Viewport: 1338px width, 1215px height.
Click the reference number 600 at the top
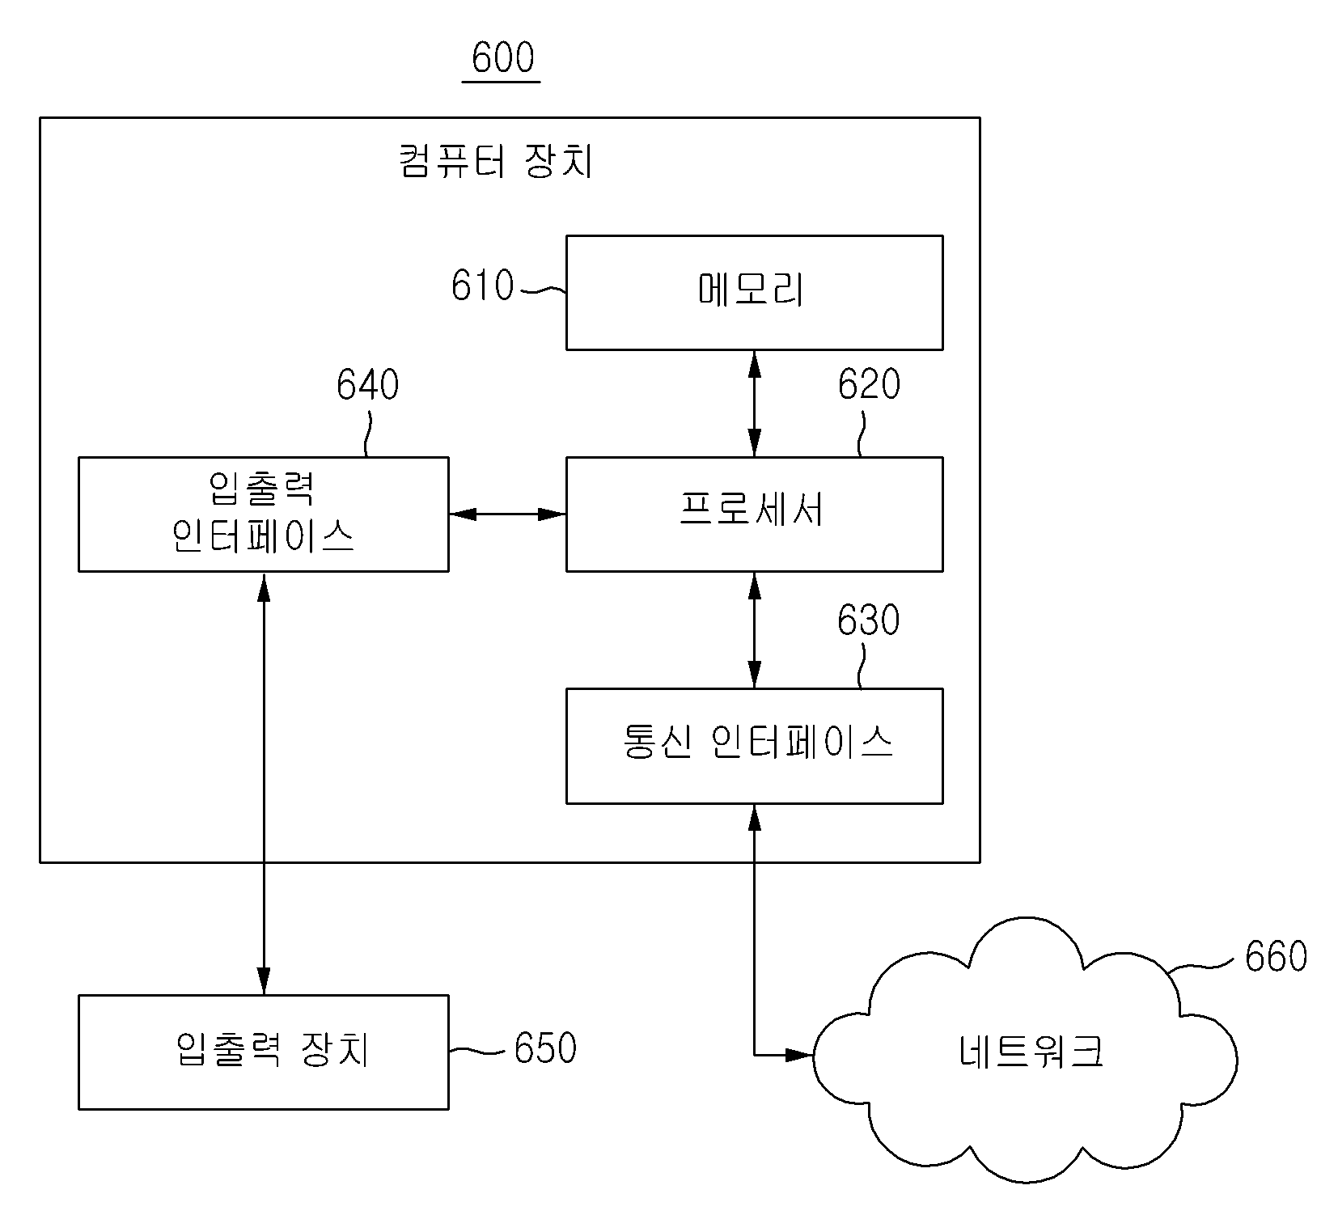click(502, 57)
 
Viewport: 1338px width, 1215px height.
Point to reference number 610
click(482, 286)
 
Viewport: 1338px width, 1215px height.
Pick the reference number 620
click(869, 384)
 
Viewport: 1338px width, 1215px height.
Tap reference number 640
click(368, 385)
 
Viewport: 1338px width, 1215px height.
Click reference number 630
click(869, 620)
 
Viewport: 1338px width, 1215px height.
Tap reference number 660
click(1276, 956)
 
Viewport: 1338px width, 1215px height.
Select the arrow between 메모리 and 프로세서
click(754, 404)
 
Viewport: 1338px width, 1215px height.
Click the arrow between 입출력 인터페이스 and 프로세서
click(507, 514)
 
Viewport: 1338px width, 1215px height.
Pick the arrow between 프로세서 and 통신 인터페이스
click(754, 630)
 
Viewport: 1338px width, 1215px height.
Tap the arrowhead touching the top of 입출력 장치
click(264, 982)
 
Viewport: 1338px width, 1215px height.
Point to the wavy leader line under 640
click(369, 434)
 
